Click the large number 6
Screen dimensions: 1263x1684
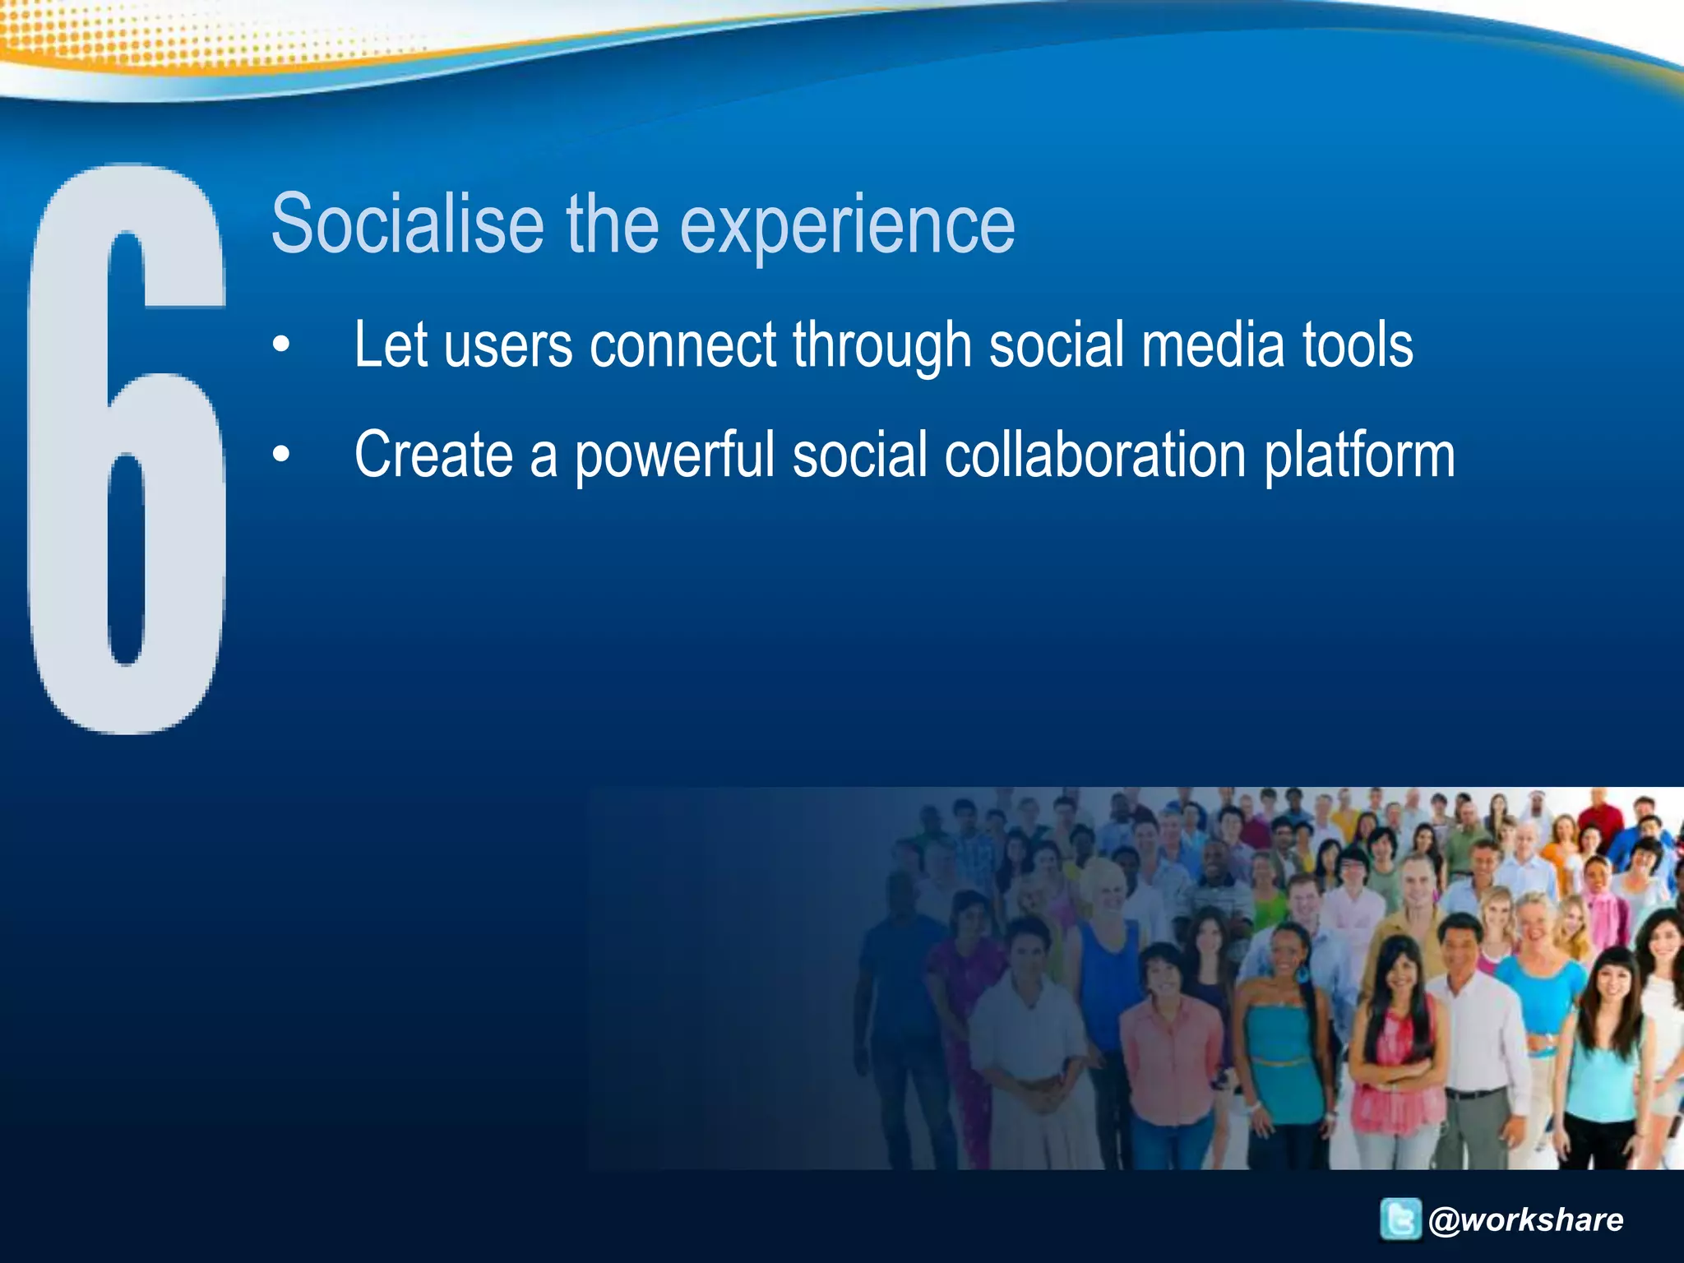[127, 448]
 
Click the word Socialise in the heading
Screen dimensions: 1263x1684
[407, 224]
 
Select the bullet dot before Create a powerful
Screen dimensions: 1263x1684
[282, 454]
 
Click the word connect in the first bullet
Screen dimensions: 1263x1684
[682, 345]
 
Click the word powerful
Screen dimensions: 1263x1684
[674, 456]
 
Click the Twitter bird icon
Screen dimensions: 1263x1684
[1399, 1219]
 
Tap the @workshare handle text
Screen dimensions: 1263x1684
[1526, 1219]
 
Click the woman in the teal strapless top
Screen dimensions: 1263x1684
[1279, 1044]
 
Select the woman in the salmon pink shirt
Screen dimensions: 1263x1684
[1168, 1052]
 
